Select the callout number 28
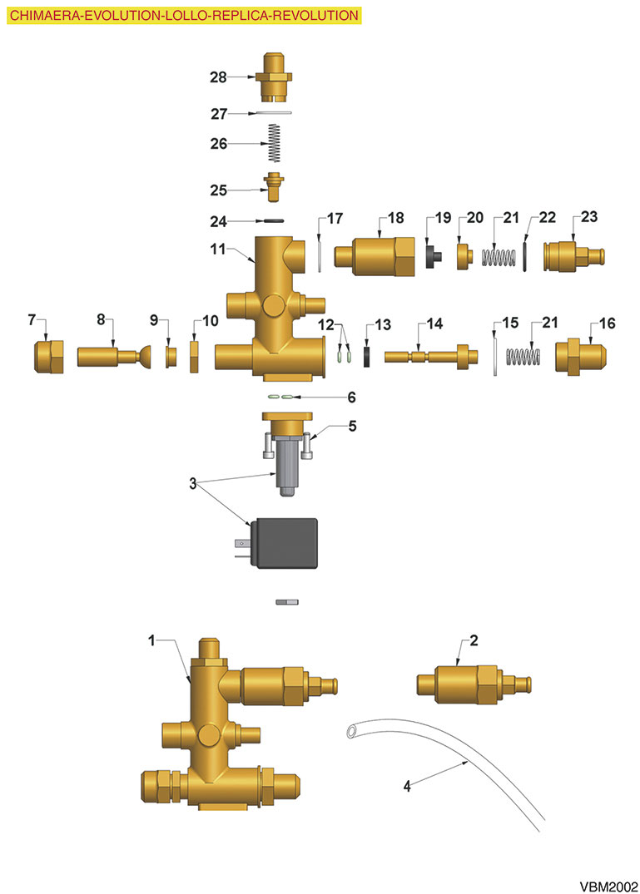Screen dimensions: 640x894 click(219, 77)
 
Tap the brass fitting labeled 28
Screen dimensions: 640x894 click(277, 77)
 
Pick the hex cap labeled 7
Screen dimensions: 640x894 click(49, 357)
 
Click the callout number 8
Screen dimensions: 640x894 click(101, 319)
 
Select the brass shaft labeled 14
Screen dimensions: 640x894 click(430, 356)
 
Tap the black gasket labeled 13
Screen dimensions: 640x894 click(367, 357)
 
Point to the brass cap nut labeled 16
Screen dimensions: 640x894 click(581, 356)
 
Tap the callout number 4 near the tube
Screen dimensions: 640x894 click(407, 786)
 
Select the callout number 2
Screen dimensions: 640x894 click(474, 640)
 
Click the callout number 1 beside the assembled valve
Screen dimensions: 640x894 click(151, 640)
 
